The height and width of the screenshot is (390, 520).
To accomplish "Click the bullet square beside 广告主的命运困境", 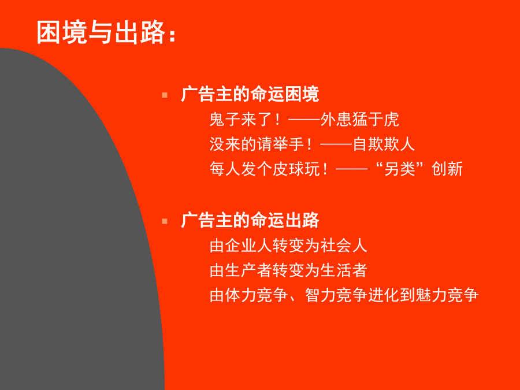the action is pyautogui.click(x=165, y=95).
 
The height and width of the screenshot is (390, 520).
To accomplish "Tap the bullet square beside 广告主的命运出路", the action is pyautogui.click(x=165, y=221).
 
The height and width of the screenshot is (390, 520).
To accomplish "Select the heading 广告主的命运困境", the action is pyautogui.click(x=250, y=94).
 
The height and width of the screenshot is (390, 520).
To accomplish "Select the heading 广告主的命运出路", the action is pyautogui.click(x=250, y=220).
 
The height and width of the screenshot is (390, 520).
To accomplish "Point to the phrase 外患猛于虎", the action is pyautogui.click(x=359, y=120).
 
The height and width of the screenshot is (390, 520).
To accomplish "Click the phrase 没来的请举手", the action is pyautogui.click(x=257, y=144).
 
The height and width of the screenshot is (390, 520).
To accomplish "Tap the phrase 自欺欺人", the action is pyautogui.click(x=384, y=144).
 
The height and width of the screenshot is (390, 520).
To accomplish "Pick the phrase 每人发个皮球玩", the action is pyautogui.click(x=265, y=169).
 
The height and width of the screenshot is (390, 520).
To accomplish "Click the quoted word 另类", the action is pyautogui.click(x=400, y=169).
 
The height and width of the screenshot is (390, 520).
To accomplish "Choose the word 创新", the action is pyautogui.click(x=447, y=169).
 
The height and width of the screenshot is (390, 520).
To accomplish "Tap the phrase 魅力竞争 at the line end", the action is pyautogui.click(x=447, y=295).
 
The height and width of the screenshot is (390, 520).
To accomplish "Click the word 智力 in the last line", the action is pyautogui.click(x=320, y=295).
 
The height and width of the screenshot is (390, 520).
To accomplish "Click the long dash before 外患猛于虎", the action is pyautogui.click(x=304, y=118).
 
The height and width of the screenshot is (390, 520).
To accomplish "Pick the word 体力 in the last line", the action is pyautogui.click(x=240, y=295).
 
